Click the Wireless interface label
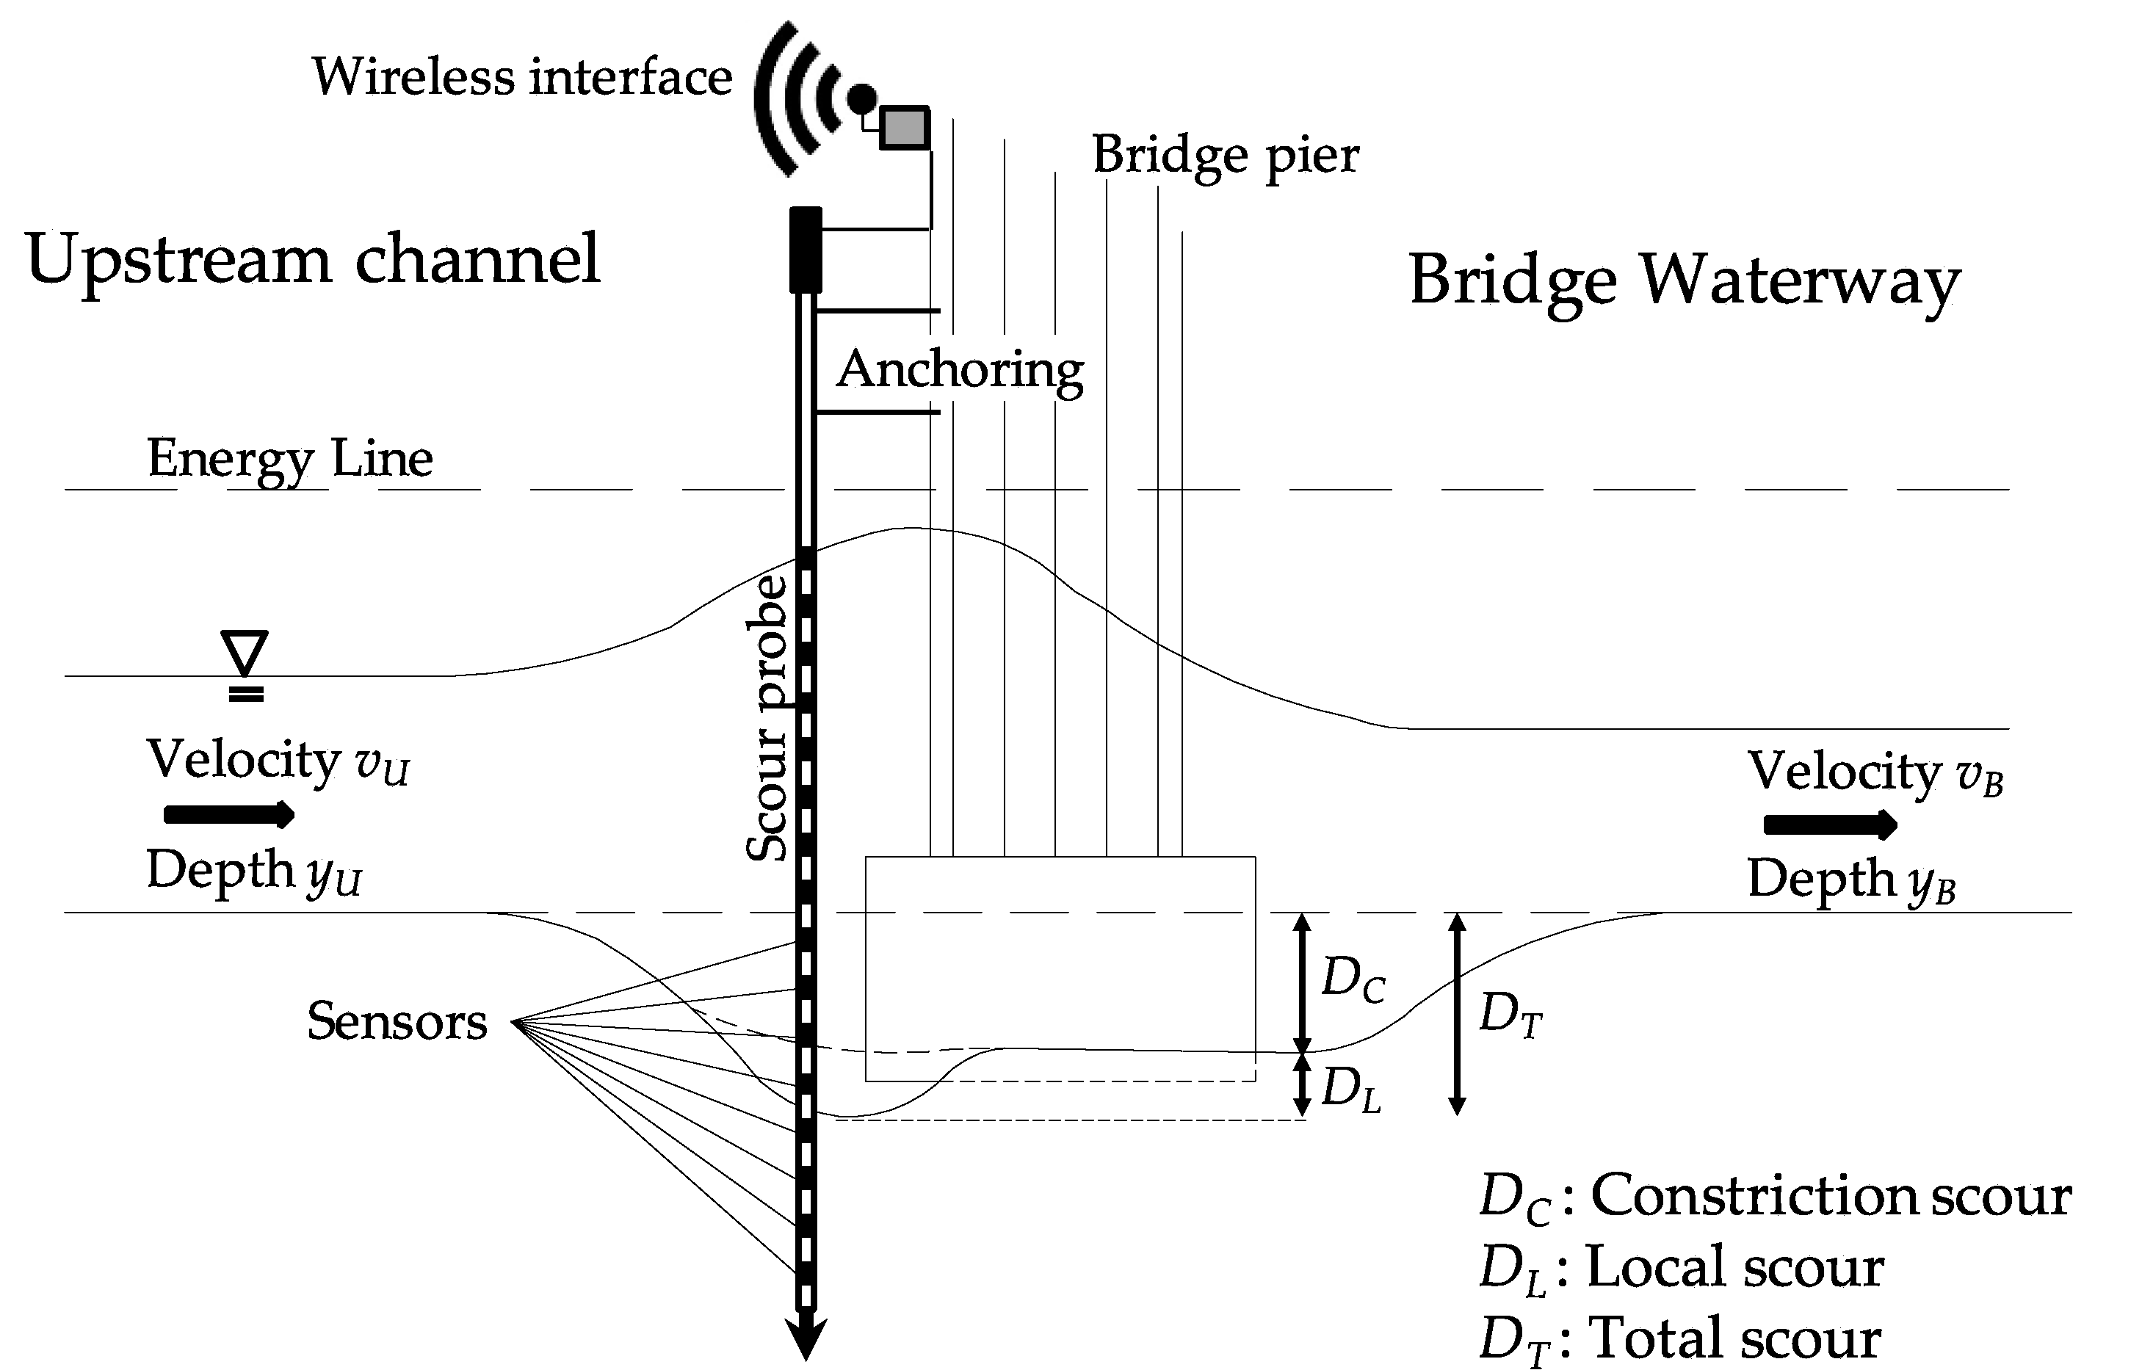click(521, 76)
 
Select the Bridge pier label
click(1225, 156)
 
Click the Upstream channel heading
click(313, 260)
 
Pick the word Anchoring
click(960, 369)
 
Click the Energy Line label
click(290, 459)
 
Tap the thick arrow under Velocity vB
click(1830, 824)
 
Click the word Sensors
click(397, 1021)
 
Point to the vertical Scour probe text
click(767, 719)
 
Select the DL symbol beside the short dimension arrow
click(1350, 1089)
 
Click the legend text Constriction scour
click(1831, 1196)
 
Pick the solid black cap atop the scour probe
click(806, 249)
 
